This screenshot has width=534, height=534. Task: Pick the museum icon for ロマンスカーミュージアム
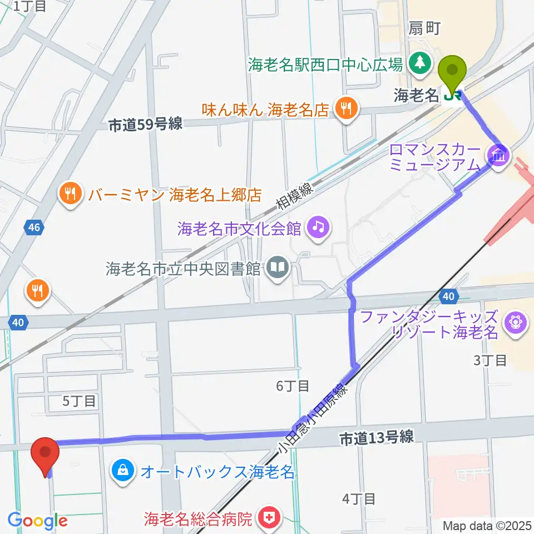click(x=497, y=155)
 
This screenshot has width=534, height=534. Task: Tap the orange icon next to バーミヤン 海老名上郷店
click(x=70, y=195)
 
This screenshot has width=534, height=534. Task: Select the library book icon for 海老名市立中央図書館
click(x=276, y=269)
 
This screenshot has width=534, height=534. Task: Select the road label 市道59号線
click(x=145, y=125)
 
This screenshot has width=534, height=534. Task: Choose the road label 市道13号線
click(x=376, y=438)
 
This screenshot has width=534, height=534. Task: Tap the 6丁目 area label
click(x=292, y=385)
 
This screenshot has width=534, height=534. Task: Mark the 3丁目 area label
click(x=489, y=360)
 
